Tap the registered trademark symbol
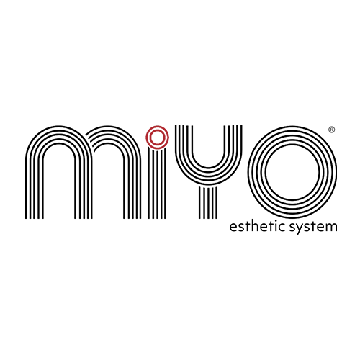click(331, 130)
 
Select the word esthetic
click(257, 226)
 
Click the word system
click(313, 227)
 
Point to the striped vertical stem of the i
click(157, 184)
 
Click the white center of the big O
click(292, 172)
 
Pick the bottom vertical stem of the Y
click(208, 202)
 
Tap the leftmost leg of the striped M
click(35, 187)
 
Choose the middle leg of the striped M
click(83, 187)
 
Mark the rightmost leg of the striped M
click(132, 187)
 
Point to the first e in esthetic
click(233, 228)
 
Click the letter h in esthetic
click(256, 226)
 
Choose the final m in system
click(331, 228)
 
